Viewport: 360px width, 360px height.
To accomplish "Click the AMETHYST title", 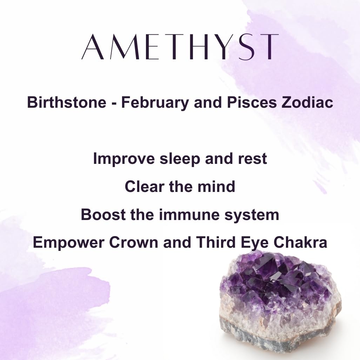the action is click(180, 47).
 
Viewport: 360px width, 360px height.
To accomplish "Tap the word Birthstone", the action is click(67, 102).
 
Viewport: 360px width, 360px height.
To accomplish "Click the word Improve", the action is click(124, 159).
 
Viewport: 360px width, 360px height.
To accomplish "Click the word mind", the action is click(216, 186).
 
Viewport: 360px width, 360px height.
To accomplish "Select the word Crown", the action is click(133, 242).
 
